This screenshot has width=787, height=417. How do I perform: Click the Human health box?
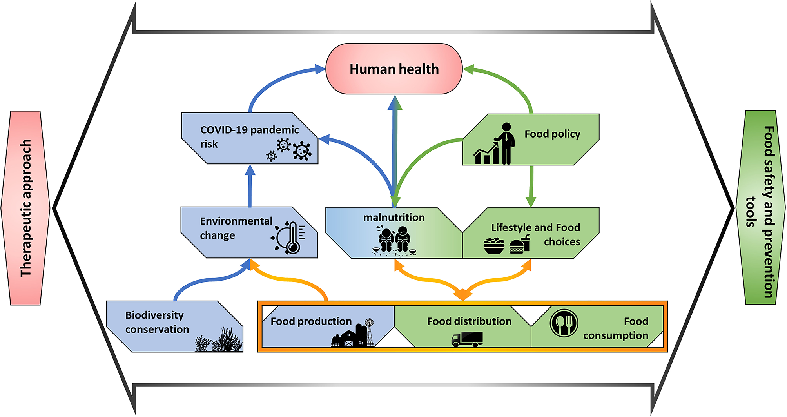[x=394, y=69]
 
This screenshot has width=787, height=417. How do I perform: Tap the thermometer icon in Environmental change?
[x=291, y=238]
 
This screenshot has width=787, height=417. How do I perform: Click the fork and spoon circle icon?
[x=564, y=323]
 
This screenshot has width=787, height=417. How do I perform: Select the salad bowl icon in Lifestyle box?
[x=494, y=245]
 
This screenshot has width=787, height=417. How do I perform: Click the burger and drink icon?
[x=519, y=245]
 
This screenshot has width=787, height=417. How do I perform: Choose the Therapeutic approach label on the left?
[x=26, y=208]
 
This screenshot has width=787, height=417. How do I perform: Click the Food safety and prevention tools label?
[x=761, y=208]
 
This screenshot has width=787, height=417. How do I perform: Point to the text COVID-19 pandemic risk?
[x=249, y=136]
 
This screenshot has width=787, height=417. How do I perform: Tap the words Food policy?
[x=552, y=134]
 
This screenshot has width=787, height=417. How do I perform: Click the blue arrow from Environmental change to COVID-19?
[x=250, y=186]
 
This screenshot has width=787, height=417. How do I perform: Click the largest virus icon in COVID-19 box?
[x=302, y=151]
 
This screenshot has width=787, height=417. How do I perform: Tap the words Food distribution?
[x=469, y=321]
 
